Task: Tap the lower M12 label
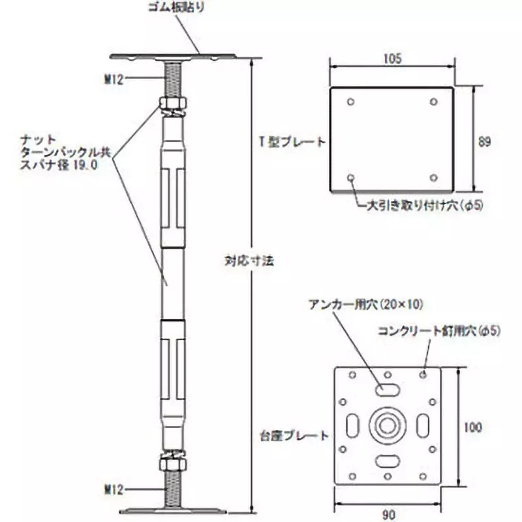(x=115, y=488)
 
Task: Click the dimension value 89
(x=484, y=140)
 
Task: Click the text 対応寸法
(x=244, y=260)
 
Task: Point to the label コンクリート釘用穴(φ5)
(x=439, y=331)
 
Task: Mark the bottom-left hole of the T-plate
(x=352, y=177)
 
